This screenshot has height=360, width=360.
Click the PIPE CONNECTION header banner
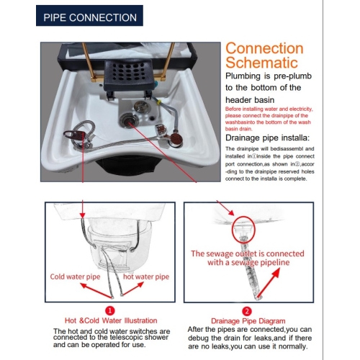pyautogui.click(x=89, y=16)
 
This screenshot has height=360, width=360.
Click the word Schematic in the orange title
pyautogui.click(x=261, y=63)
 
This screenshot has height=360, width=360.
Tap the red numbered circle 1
pyautogui.click(x=110, y=311)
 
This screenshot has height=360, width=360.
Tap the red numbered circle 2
pyautogui.click(x=247, y=311)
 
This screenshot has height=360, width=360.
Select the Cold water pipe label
pyautogui.click(x=75, y=276)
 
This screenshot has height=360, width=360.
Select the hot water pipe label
pyautogui.click(x=146, y=276)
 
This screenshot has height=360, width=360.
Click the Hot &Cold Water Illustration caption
pyautogui.click(x=111, y=320)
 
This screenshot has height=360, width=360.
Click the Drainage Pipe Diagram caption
pyautogui.click(x=248, y=321)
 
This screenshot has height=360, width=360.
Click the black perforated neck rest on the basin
pyautogui.click(x=127, y=74)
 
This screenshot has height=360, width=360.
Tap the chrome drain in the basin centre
pyautogui.click(x=129, y=119)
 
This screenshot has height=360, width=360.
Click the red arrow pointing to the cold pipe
pyautogui.click(x=95, y=290)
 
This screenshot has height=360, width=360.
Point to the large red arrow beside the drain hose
pyautogui.click(x=268, y=283)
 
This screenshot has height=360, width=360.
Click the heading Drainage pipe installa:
pyautogui.click(x=267, y=138)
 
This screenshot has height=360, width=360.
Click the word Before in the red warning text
pyautogui.click(x=233, y=109)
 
